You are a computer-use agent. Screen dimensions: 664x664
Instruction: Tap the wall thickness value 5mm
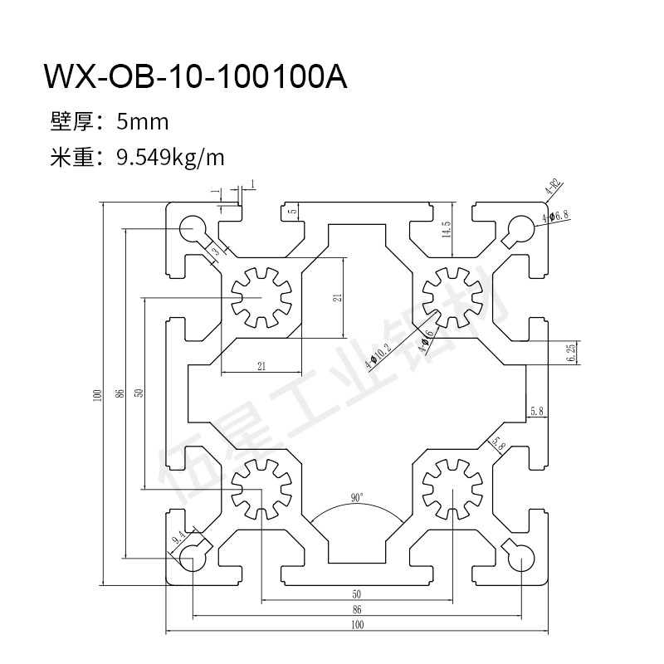coord(143,123)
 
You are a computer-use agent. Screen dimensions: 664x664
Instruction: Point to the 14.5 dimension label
coord(446,230)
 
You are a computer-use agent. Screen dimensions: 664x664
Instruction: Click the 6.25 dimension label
coord(570,352)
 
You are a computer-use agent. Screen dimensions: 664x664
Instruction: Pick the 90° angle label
coord(357,498)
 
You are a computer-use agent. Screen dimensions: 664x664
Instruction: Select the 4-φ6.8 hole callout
coord(555,217)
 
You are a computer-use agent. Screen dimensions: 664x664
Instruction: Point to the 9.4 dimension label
coord(179,538)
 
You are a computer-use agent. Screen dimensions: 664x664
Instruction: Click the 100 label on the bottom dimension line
coord(357,625)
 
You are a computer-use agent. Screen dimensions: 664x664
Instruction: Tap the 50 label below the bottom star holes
coord(357,593)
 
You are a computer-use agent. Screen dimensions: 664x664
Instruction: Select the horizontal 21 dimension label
coord(261,366)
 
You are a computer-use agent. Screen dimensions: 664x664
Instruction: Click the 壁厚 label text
coord(69,123)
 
